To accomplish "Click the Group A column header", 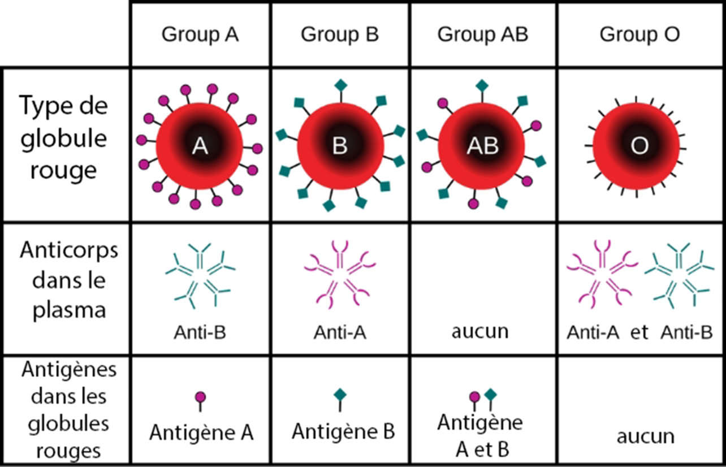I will coord(200,35).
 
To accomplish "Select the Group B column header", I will coord(340,35).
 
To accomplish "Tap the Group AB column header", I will coord(482,35).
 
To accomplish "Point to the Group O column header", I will coord(639,35).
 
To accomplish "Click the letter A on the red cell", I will coord(200,146).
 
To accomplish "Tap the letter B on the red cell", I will coord(339,146).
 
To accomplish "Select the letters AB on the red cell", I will coord(482,146).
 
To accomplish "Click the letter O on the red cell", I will coord(639,146).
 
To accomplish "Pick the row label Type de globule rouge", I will coord(63,137).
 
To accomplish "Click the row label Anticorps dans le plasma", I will coord(68,280).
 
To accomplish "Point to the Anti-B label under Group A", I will coord(200,332).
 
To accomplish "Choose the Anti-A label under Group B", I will coord(340,332).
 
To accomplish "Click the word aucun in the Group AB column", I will coord(480,331).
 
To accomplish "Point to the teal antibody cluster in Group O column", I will coord(679,274).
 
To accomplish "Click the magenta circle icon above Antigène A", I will coord(200,397).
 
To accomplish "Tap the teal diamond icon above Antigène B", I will coord(339,395).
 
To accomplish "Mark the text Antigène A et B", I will coord(481,435).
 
